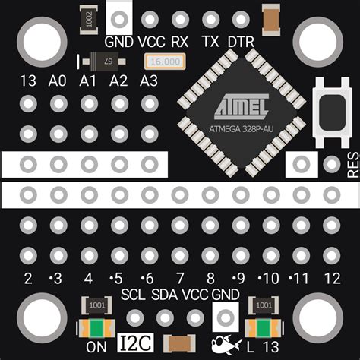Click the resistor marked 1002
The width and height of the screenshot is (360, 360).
90,19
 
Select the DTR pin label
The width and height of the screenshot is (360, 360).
241,41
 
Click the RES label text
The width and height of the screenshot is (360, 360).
352,164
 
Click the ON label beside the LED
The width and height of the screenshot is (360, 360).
96,347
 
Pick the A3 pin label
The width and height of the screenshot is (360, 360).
149,81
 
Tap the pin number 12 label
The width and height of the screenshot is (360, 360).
331,277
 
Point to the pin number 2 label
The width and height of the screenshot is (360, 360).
29,277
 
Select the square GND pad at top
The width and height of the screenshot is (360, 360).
119,19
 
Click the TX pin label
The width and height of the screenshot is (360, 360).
210,41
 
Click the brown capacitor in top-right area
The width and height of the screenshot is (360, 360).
270,19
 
